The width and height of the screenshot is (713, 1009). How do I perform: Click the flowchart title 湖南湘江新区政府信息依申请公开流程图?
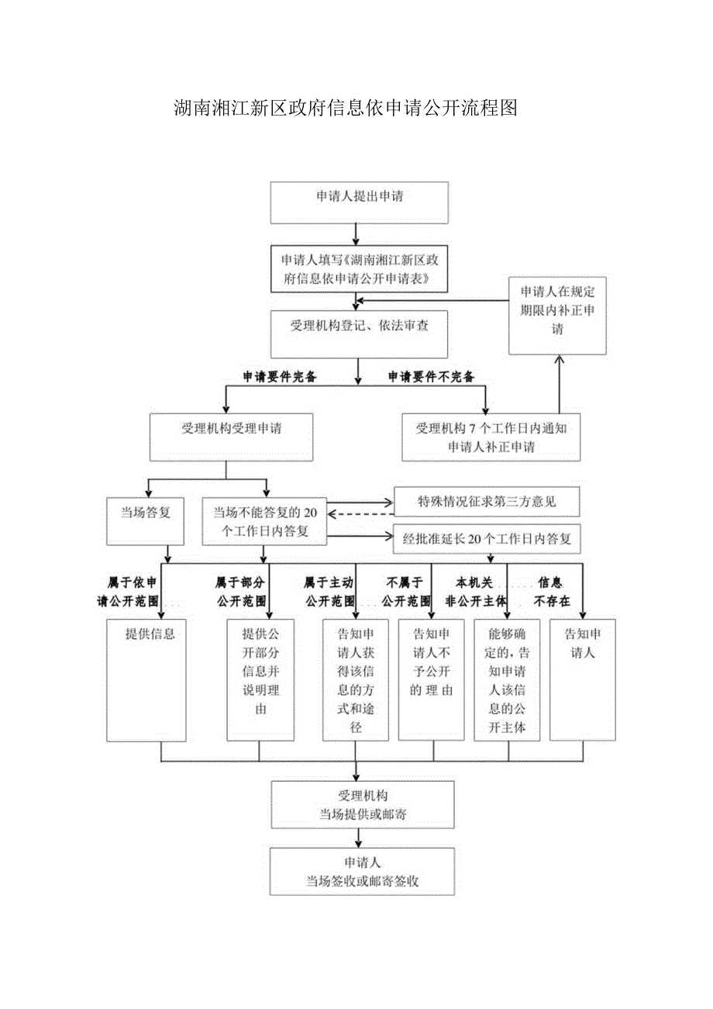tap(345, 108)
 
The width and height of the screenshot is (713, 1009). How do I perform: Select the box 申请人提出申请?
tap(359, 202)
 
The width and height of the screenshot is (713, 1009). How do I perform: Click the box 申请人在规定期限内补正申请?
tap(558, 316)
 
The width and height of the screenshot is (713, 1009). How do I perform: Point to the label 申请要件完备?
tap(279, 377)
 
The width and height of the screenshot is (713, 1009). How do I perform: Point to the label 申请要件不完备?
tap(431, 377)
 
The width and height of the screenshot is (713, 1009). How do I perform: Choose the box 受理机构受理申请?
tap(226, 435)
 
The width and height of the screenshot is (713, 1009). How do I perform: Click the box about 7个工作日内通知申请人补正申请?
tap(491, 437)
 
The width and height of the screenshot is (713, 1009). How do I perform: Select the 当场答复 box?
tap(146, 520)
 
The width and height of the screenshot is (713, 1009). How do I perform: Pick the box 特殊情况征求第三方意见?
tap(487, 503)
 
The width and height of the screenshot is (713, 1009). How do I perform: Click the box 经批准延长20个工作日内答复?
tap(487, 539)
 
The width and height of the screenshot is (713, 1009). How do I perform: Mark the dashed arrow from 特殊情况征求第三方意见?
tap(361, 513)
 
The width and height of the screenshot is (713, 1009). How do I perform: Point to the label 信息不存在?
tap(550, 592)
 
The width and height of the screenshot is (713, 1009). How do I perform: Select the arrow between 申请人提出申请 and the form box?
tap(356, 233)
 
